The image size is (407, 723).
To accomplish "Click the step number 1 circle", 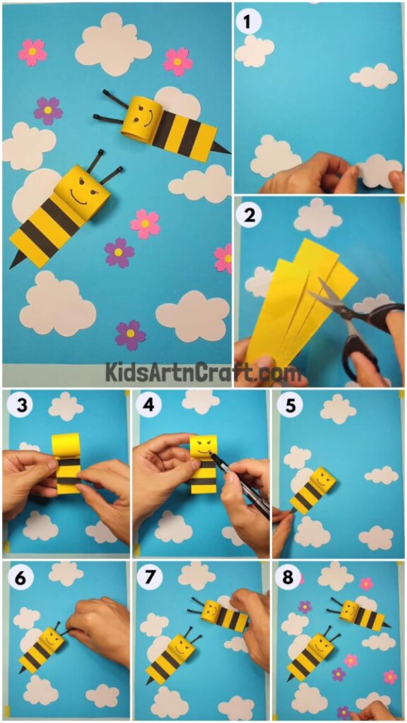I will pos(247,23).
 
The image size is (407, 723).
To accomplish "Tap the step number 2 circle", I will pos(247,216).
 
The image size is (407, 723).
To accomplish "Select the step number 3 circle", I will pos(18,407).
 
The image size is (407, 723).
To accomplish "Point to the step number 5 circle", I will pos(288,407).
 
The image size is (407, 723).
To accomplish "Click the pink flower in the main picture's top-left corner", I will pos(32,52).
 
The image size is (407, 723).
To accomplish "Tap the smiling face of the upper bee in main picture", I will pos(142,117).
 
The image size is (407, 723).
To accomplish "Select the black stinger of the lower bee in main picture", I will pos(16,260).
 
